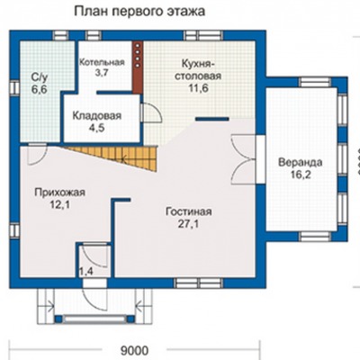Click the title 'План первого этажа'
click(139, 12)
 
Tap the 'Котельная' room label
click(102, 62)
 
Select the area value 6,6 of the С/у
click(40, 89)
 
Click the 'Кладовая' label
click(97, 115)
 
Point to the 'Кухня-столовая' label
click(198, 69)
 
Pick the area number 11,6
click(198, 88)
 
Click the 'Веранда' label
click(301, 163)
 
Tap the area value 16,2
click(301, 175)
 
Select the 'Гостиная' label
click(189, 211)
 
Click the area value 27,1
click(188, 224)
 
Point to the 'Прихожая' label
click(60, 193)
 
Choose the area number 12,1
click(60, 205)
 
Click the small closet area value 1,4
click(86, 272)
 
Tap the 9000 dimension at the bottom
click(134, 350)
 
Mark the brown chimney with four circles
click(138, 67)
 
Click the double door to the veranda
click(244, 159)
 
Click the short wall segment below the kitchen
click(212, 119)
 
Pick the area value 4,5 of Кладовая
click(96, 128)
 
